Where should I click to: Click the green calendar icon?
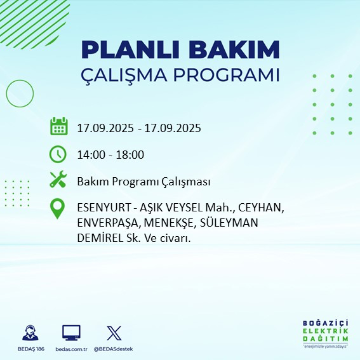pyautogui.click(x=58, y=126)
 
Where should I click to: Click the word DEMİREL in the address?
pyautogui.click(x=98, y=237)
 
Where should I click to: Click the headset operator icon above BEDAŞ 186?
pyautogui.click(x=29, y=333)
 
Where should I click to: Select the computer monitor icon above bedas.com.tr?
pyautogui.click(x=71, y=333)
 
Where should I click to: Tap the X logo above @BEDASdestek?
pyautogui.click(x=113, y=333)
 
